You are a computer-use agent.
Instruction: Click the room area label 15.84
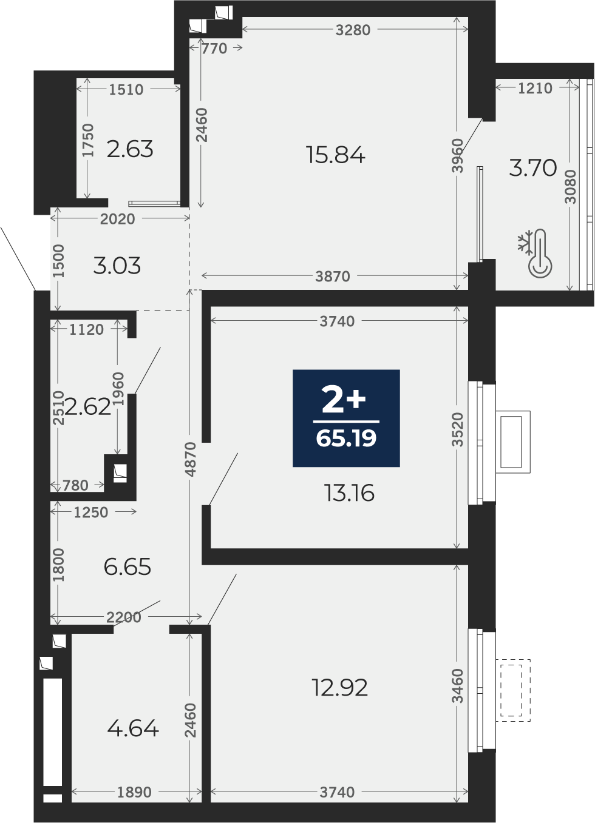[335, 155]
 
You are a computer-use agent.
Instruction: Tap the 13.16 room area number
[349, 493]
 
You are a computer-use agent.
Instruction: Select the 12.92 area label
[339, 688]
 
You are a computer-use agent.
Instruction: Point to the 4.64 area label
[133, 728]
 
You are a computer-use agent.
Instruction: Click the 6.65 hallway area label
[127, 567]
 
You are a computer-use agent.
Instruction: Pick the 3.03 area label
[117, 266]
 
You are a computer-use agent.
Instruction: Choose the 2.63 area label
[130, 149]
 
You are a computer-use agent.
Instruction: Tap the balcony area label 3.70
[533, 167]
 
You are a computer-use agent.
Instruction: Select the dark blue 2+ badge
[346, 418]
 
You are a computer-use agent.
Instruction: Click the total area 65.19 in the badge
[346, 438]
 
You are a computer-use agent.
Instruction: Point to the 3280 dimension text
[353, 30]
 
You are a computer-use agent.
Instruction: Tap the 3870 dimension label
[333, 277]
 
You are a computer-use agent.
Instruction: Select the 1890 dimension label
[134, 793]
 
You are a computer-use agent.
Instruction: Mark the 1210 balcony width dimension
[535, 88]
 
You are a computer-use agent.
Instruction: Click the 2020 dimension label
[118, 219]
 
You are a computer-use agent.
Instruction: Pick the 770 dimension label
[214, 49]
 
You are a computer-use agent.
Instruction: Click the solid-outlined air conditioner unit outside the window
[513, 442]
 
